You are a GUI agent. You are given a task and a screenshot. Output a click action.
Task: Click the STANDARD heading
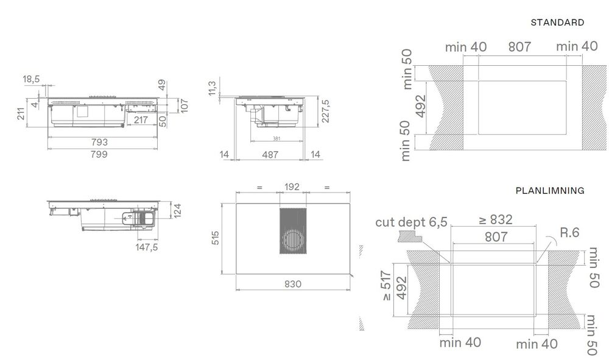click(557, 23)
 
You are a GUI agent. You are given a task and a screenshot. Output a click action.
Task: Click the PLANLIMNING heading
click(549, 191)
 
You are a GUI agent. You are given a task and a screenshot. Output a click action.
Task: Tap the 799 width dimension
click(100, 154)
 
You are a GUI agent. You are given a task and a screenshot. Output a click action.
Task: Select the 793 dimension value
click(100, 143)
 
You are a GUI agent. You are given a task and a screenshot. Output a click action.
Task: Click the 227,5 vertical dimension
click(325, 111)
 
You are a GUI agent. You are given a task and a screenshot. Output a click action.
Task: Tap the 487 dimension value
click(269, 155)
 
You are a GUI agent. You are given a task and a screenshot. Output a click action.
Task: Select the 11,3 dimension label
click(213, 88)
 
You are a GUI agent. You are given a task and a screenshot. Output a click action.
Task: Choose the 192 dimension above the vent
click(293, 188)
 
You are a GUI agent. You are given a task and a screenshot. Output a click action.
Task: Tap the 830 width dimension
click(293, 284)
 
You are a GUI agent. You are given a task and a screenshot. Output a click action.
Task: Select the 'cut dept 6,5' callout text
click(410, 222)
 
